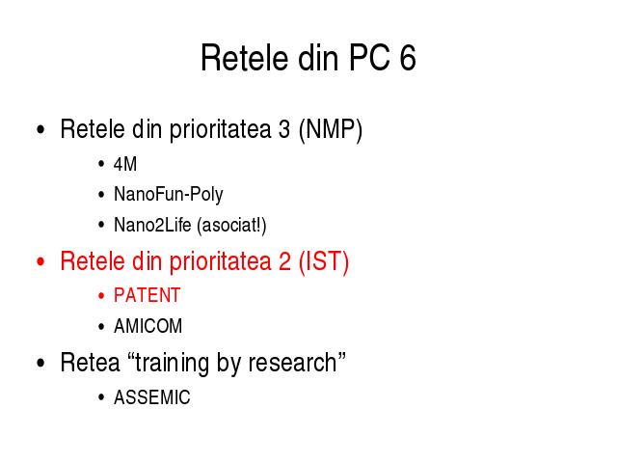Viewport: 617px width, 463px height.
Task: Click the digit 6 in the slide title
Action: [x=408, y=58]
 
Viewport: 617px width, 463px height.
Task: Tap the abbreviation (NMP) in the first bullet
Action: [x=331, y=129]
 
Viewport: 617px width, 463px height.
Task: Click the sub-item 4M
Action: [x=125, y=164]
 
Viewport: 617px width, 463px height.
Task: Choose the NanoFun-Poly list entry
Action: [x=169, y=195]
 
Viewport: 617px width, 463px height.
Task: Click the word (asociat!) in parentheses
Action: [x=231, y=226]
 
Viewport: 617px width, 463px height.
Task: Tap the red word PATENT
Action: [x=148, y=295]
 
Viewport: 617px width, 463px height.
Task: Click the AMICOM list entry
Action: [x=148, y=326]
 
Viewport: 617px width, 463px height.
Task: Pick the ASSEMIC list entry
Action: [x=152, y=397]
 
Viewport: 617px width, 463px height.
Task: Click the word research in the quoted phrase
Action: [x=292, y=363]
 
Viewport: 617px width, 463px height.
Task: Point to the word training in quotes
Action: [x=172, y=363]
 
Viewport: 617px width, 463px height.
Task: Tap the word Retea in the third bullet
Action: [x=90, y=363]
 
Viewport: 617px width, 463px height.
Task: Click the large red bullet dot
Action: [x=40, y=261]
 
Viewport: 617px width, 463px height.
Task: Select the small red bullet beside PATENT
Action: [x=101, y=296]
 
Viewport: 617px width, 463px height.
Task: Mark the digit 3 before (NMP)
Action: [x=284, y=129]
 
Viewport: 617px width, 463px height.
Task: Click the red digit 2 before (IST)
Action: [x=285, y=261]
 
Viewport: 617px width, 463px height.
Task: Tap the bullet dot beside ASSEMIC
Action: [x=101, y=397]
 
